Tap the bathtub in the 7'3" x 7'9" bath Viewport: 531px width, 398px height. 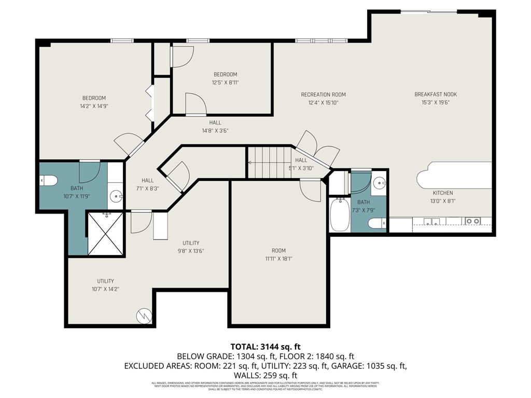(x=340, y=215)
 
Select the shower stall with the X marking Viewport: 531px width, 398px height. (x=106, y=234)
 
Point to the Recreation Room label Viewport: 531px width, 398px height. (x=323, y=94)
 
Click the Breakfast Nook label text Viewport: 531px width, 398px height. (x=435, y=94)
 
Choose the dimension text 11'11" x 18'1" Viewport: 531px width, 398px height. (x=278, y=259)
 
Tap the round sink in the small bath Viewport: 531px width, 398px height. (x=380, y=182)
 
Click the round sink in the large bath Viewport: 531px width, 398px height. (x=117, y=196)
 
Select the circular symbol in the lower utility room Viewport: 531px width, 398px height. (x=143, y=315)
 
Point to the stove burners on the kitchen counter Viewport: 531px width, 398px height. (x=472, y=221)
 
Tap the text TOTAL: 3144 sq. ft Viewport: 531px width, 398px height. (x=265, y=347)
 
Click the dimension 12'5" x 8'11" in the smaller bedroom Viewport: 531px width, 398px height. (x=225, y=82)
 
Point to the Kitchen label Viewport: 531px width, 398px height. (x=443, y=193)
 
